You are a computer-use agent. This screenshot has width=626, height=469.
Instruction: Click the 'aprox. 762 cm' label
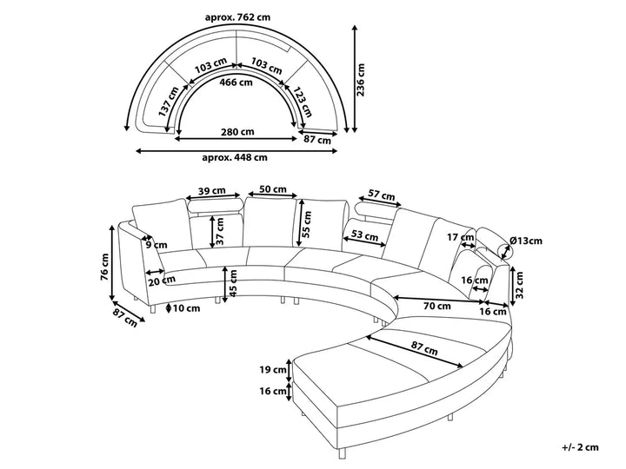click(237, 17)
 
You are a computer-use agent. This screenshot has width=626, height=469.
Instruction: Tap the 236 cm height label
click(361, 79)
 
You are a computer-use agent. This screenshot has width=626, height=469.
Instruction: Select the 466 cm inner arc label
click(236, 83)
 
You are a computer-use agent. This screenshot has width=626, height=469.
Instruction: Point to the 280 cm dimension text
click(237, 132)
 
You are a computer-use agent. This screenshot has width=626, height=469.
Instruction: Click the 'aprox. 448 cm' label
click(235, 157)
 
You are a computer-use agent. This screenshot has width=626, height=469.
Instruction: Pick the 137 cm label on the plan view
click(169, 102)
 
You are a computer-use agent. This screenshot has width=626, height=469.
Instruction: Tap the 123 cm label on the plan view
click(303, 102)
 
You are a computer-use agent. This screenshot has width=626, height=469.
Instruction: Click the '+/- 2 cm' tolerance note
click(581, 447)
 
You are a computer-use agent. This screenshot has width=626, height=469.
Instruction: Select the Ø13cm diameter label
click(526, 241)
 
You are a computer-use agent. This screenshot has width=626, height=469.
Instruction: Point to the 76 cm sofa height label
click(105, 267)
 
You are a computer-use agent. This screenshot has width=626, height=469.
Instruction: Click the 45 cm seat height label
click(233, 283)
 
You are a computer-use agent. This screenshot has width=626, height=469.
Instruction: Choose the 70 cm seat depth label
click(436, 307)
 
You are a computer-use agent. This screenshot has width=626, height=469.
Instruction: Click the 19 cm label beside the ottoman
click(273, 370)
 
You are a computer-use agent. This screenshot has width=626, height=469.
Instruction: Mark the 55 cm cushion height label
click(307, 225)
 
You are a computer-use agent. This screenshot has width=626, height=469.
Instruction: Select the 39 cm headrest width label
click(212, 190)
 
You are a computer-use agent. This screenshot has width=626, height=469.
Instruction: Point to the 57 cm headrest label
click(381, 195)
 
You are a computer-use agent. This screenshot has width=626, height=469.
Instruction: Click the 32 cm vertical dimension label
click(518, 285)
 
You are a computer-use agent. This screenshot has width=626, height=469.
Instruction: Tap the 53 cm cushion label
click(364, 235)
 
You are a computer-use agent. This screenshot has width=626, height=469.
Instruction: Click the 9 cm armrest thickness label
click(156, 245)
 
